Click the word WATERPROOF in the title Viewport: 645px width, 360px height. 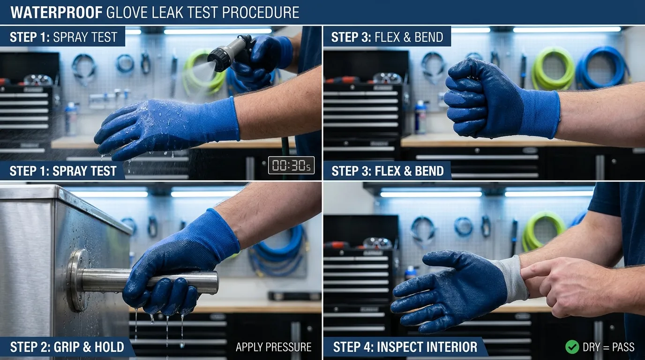point(56,12)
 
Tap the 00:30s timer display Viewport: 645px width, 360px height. point(291,165)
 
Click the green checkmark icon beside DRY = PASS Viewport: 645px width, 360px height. point(572,347)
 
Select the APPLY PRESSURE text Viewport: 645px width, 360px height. point(274,347)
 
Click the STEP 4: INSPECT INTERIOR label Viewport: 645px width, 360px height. point(405,347)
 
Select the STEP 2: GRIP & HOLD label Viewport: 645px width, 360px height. point(67,347)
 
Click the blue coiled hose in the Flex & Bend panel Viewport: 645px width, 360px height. point(603,67)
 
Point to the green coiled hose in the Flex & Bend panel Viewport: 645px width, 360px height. point(553,68)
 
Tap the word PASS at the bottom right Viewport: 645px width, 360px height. point(623,347)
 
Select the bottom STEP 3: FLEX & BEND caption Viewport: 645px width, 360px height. point(388,171)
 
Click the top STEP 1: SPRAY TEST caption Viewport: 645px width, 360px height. point(63,37)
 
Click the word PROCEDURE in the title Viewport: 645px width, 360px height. point(260,12)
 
